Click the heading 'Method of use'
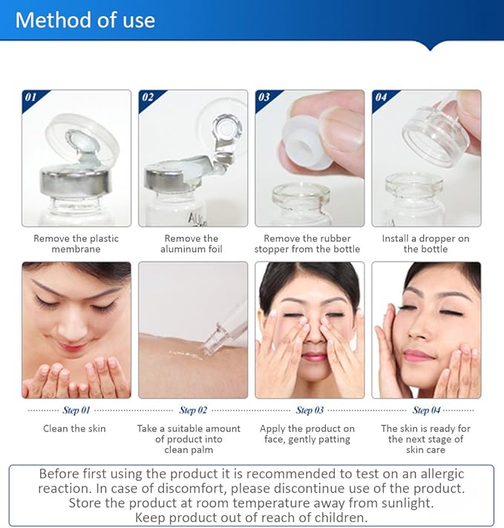pyautogui.click(x=85, y=19)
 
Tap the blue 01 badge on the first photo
pyautogui.click(x=32, y=97)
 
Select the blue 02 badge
pyautogui.click(x=148, y=97)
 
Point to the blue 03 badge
pyautogui.click(x=265, y=97)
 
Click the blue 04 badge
pyautogui.click(x=382, y=97)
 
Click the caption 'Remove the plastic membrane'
pyautogui.click(x=76, y=244)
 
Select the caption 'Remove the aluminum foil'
pyautogui.click(x=192, y=244)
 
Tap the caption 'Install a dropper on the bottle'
pyautogui.click(x=425, y=244)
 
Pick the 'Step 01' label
pyautogui.click(x=76, y=410)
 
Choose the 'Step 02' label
pyautogui.click(x=193, y=410)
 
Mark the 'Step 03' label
pyautogui.click(x=310, y=410)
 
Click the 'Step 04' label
pyautogui.click(x=426, y=410)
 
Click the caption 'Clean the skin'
pyautogui.click(x=76, y=428)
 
